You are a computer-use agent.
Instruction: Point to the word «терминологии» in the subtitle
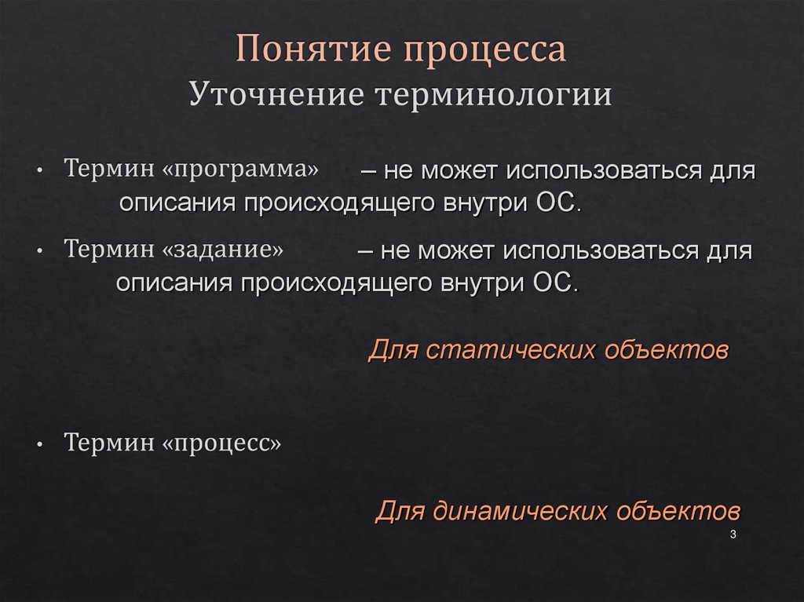click(492, 96)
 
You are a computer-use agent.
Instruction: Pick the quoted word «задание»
click(223, 250)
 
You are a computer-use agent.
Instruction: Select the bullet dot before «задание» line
click(39, 251)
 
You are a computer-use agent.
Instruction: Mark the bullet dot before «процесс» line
click(39, 444)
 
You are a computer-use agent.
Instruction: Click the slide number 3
click(733, 535)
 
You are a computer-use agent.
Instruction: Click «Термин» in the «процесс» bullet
click(109, 443)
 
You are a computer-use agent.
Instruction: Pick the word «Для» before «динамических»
click(394, 512)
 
